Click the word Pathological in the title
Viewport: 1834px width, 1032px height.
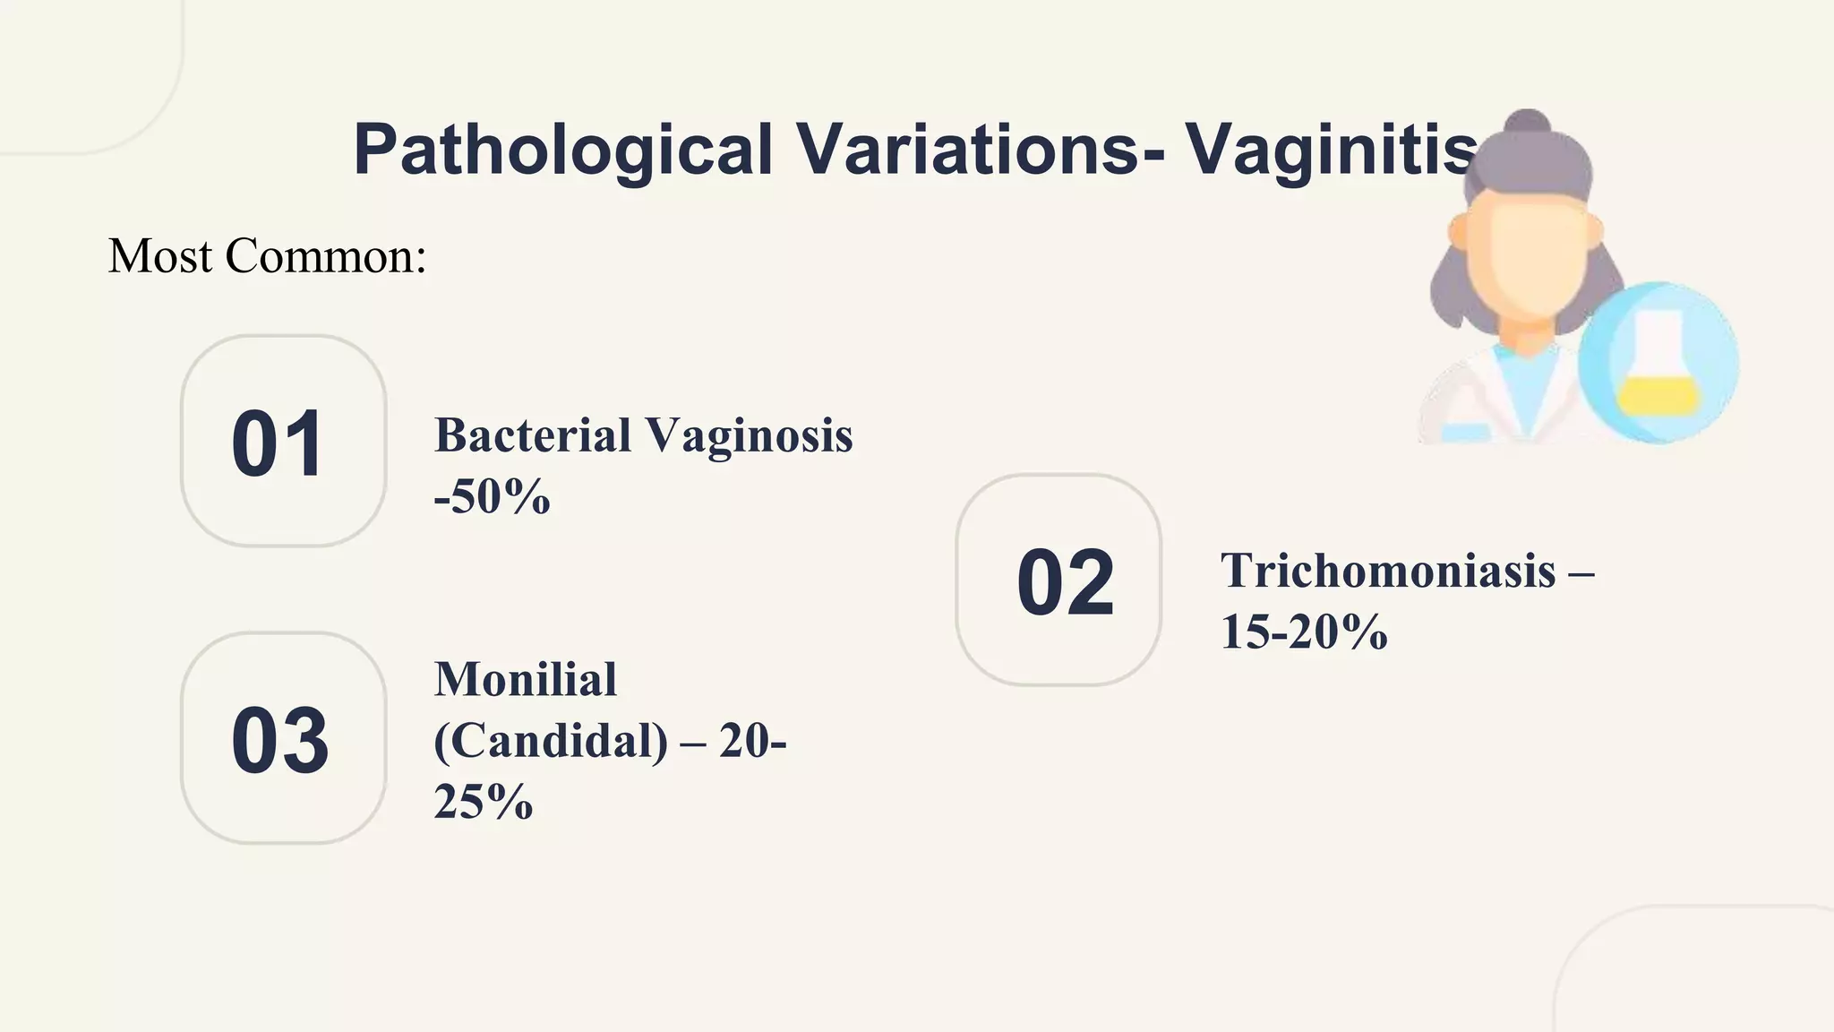562,150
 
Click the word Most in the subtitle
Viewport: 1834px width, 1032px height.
160,256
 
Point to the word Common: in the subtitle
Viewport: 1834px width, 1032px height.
326,256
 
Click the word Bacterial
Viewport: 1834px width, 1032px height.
533,436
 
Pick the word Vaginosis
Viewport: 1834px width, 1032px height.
749,436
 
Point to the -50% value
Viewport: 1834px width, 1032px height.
492,496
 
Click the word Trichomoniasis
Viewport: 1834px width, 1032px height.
1388,571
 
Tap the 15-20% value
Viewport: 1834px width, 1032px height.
1304,632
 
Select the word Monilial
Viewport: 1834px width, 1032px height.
526,679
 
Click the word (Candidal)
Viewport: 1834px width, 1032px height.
551,740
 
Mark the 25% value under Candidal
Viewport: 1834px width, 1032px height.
484,801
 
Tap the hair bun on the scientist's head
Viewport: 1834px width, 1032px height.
1528,126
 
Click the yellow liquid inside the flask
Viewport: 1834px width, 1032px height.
1658,395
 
